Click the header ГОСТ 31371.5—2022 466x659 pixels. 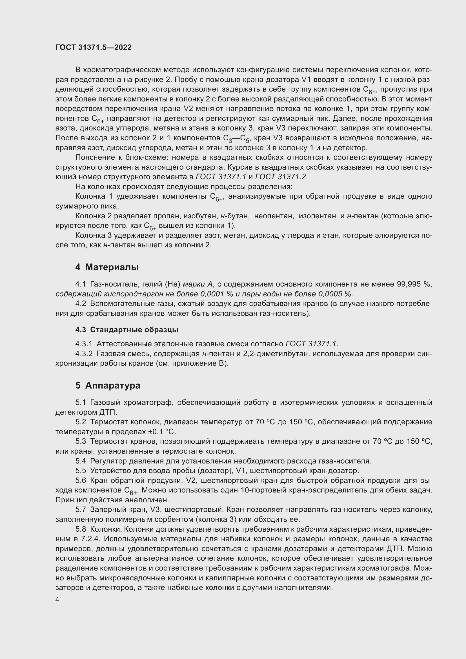(x=94, y=48)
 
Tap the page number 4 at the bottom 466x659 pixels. (x=57, y=599)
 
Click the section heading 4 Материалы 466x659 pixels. (x=107, y=267)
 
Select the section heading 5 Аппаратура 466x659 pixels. (x=108, y=385)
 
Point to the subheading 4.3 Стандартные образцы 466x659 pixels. (x=127, y=330)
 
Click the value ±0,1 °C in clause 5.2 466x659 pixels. (x=161, y=432)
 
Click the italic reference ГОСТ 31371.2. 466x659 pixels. (x=281, y=177)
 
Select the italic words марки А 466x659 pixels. (x=198, y=284)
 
